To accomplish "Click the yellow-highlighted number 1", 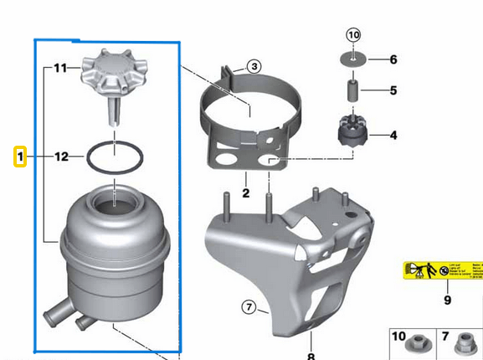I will point(22,157).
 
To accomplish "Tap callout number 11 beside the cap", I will point(60,68).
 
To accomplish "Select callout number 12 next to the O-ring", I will point(61,157).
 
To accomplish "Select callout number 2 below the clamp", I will point(246,193).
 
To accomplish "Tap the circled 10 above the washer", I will point(353,35).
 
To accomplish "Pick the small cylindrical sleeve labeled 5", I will point(353,89).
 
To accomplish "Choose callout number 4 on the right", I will point(393,134).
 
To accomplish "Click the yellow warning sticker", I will point(443,270).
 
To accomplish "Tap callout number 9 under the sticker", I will point(447,300).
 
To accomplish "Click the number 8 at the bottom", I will point(311,355).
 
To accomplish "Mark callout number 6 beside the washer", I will point(393,59).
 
